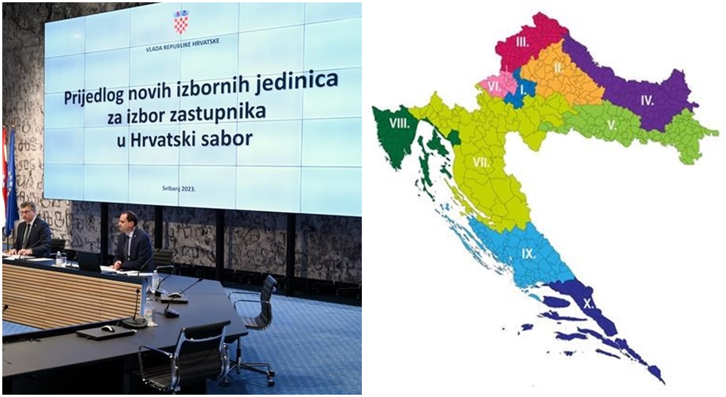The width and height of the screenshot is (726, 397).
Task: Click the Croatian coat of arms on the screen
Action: coord(181,22)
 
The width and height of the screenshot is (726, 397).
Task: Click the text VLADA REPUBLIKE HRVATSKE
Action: coord(183,45)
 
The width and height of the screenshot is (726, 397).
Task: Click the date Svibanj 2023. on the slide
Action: coord(179,188)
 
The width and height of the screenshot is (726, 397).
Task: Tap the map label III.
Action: coord(522,42)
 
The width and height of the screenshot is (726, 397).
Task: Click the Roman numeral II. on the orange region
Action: coord(558,68)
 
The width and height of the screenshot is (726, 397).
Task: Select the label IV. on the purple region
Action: coord(647,101)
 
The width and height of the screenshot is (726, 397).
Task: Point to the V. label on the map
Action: coord(612,125)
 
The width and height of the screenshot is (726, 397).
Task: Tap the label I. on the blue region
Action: coord(523,91)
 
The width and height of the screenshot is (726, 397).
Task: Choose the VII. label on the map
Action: coord(482,162)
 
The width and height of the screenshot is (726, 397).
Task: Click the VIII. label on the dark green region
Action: coord(400,124)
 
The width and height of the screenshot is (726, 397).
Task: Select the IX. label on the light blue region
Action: coord(529,254)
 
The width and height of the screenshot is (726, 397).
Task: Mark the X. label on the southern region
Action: coord(589,304)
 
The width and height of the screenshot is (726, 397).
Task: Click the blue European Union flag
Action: coord(12,181)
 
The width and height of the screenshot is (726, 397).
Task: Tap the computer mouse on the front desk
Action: coord(108,328)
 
